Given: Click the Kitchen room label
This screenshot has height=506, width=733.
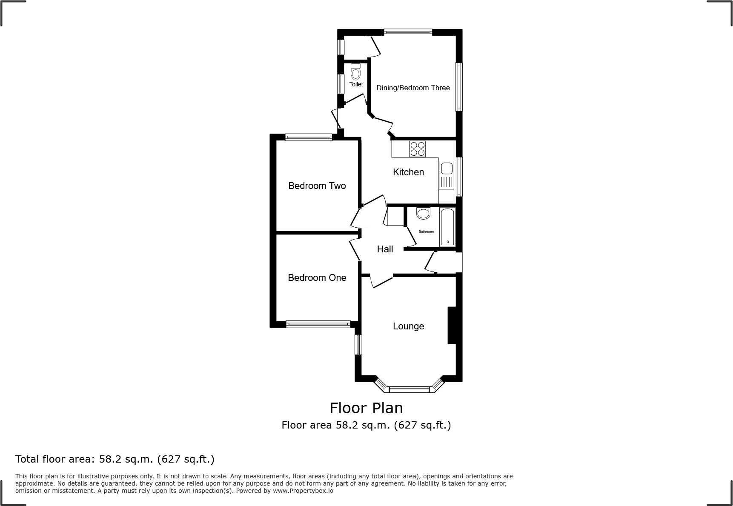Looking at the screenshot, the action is (408, 172).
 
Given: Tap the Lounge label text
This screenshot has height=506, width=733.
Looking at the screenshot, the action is (408, 326).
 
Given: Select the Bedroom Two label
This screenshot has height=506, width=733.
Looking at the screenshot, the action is (317, 186).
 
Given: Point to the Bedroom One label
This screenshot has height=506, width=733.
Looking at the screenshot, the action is (317, 277).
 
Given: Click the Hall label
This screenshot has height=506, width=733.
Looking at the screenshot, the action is (385, 249).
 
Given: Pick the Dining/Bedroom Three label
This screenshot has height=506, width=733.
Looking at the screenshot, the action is (413, 88).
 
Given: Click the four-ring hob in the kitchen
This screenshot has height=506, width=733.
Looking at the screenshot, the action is (417, 149).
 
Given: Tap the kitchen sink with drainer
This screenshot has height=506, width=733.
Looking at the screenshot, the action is (447, 175).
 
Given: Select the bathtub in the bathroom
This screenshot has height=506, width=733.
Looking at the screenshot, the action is (447, 227).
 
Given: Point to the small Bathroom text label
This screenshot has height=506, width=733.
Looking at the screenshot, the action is (426, 232).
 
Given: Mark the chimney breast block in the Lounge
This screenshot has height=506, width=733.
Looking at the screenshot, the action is (452, 325).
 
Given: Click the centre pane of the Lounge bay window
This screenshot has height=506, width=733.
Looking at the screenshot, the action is (409, 389).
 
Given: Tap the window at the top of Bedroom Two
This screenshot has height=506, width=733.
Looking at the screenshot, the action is (309, 137).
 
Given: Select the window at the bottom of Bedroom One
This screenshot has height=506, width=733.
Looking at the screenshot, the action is (318, 324).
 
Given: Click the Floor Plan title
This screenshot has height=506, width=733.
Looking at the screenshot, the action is (366, 408).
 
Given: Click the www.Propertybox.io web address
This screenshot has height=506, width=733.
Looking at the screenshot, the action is (303, 491).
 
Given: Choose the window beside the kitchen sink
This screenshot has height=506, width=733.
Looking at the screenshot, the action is (459, 177).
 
